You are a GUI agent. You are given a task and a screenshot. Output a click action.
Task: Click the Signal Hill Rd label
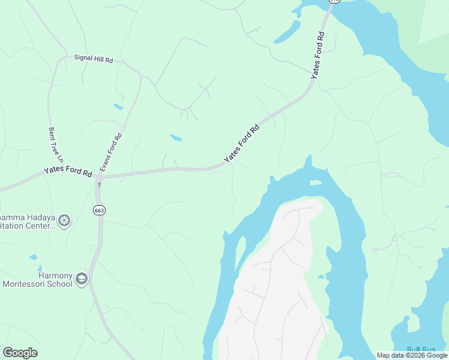(x=94, y=59)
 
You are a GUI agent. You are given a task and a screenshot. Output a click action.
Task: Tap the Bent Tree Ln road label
(x=55, y=145)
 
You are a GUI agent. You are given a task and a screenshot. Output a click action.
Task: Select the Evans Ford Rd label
(x=111, y=152)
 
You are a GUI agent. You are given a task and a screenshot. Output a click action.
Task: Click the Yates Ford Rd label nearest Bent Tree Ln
(x=68, y=171)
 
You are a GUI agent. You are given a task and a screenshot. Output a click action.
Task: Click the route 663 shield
(x=99, y=210)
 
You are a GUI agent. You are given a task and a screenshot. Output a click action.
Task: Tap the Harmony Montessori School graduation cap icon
(x=82, y=278)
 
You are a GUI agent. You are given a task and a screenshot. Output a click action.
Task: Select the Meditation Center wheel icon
(x=64, y=221)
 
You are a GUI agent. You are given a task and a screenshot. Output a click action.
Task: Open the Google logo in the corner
(x=20, y=353)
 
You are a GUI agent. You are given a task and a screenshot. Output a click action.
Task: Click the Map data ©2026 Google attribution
(x=412, y=355)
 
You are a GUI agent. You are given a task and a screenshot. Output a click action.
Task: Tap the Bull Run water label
(x=421, y=349)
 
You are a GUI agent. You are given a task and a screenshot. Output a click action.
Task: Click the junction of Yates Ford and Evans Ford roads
(x=98, y=178)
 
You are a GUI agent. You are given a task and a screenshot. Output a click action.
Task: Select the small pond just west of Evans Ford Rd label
(x=118, y=107)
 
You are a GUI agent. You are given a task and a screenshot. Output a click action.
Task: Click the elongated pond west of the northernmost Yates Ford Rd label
(x=286, y=33)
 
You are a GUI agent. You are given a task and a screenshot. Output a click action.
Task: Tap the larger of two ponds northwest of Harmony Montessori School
(x=32, y=257)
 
